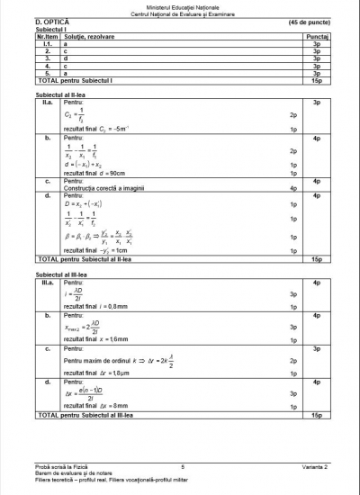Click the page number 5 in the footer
(x=182, y=466)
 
